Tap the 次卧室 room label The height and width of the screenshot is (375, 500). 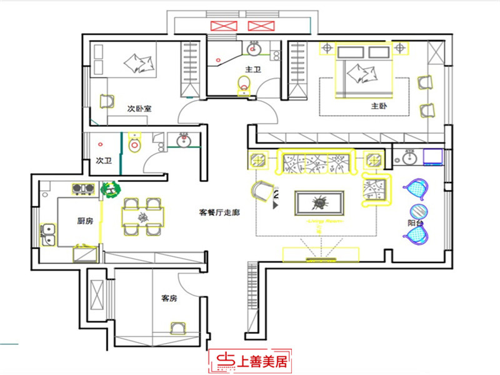click(139, 108)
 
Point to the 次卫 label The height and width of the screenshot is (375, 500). click(103, 161)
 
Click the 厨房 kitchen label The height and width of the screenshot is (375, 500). click(86, 221)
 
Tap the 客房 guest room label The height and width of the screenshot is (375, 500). click(169, 299)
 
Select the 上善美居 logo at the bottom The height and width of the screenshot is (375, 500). click(251, 361)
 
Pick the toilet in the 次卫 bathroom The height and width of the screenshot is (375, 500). click(135, 144)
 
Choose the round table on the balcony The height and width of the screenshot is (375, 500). click(417, 211)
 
